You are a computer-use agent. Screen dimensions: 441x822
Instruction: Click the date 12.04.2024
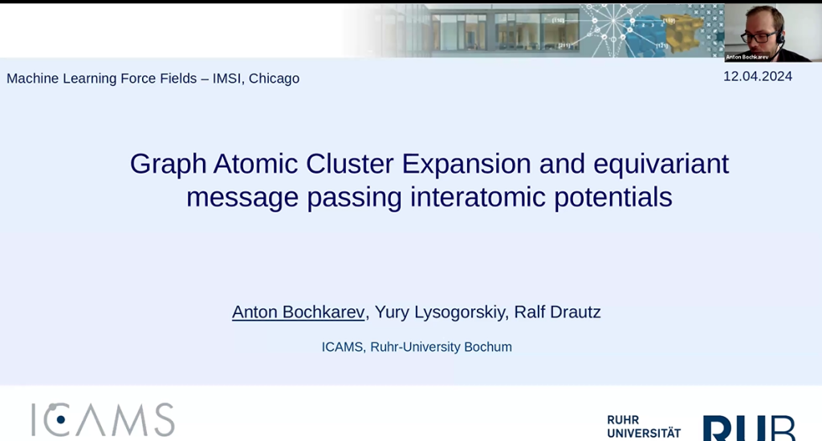[757, 76]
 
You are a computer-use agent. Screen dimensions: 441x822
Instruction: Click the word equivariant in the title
[661, 165]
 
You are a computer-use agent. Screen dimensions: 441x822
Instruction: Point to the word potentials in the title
[612, 198]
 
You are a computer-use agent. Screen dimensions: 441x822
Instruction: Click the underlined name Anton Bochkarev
[298, 312]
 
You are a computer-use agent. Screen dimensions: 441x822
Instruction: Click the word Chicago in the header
[274, 79]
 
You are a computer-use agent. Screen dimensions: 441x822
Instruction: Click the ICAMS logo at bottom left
[103, 420]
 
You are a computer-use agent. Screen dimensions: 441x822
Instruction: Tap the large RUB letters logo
[749, 428]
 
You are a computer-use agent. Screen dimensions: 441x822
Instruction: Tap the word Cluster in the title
[350, 165]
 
